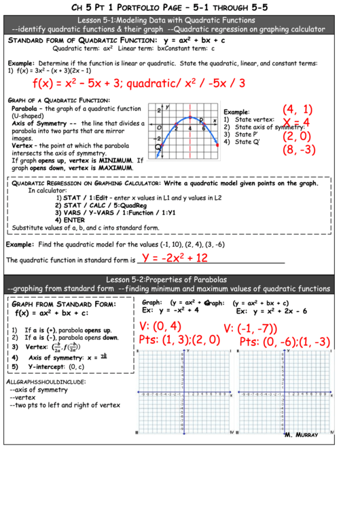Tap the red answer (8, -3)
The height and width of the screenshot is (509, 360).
299,150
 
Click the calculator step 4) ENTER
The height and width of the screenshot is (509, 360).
70,220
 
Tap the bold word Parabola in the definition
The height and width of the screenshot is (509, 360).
24,109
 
